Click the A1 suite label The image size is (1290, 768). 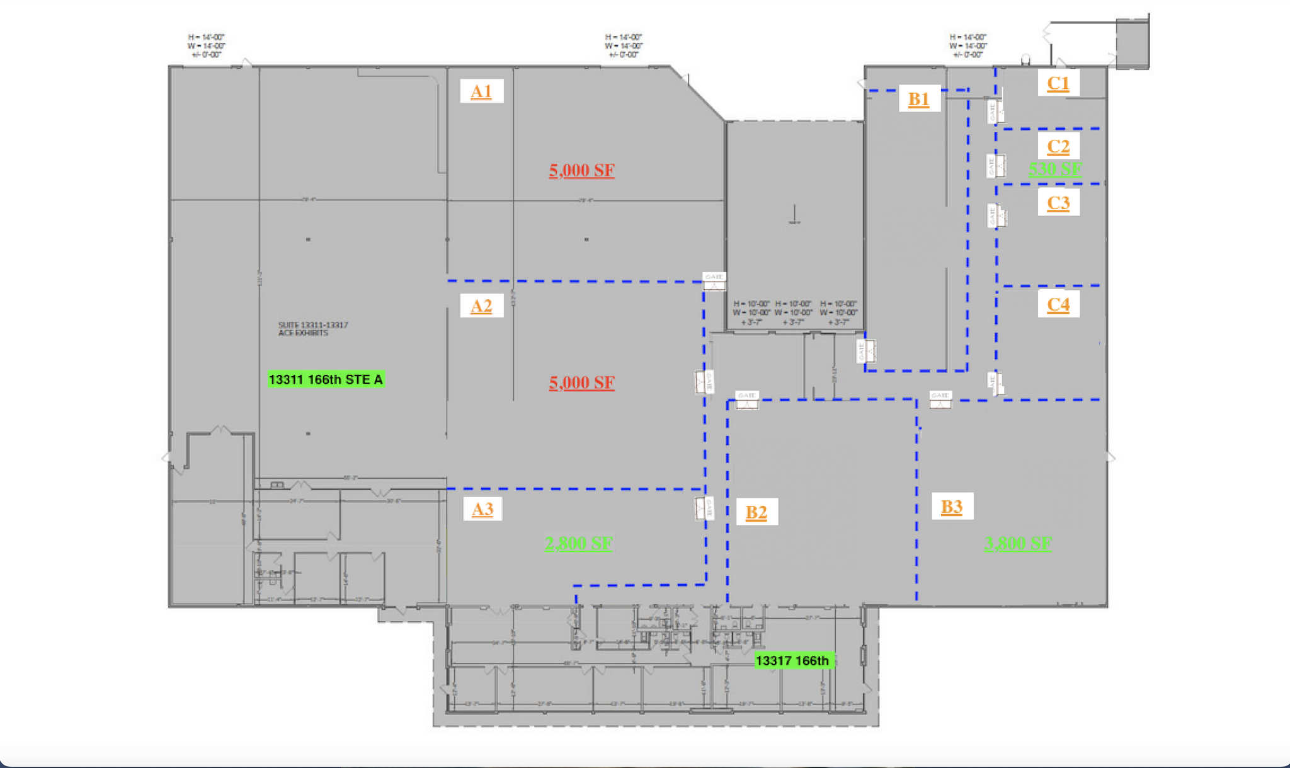tap(481, 91)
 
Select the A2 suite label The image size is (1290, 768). tap(481, 306)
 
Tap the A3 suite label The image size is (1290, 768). tap(482, 508)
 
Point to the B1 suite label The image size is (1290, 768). tap(919, 99)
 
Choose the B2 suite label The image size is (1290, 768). tap(756, 512)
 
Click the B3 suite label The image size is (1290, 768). tap(952, 507)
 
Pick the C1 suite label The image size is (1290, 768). tap(1058, 83)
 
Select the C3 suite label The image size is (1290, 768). tap(1058, 203)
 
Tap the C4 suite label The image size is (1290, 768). tap(1058, 304)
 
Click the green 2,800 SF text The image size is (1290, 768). tap(579, 543)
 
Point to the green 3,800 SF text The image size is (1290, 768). tap(1018, 543)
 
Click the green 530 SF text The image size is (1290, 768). tap(1055, 169)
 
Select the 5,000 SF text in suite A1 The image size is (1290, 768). tap(581, 170)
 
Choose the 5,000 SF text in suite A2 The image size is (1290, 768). tap(581, 382)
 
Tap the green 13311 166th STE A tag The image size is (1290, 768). tap(326, 379)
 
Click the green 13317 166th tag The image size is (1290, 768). tap(792, 660)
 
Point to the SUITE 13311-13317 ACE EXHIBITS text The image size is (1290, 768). tap(313, 329)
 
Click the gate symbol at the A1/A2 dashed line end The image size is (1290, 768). tap(714, 282)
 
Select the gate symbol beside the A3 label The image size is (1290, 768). tap(704, 508)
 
